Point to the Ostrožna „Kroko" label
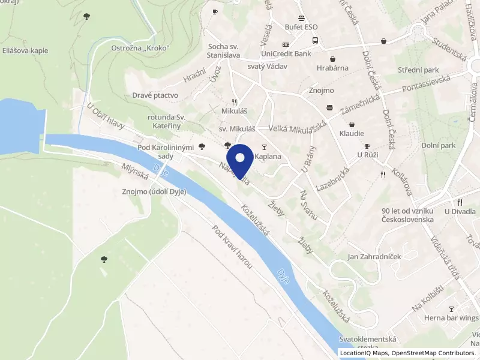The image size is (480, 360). [x=140, y=48]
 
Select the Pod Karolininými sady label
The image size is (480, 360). [x=165, y=152]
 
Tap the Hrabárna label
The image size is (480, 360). [x=333, y=68]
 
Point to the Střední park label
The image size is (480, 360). [x=418, y=70]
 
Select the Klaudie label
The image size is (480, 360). [x=352, y=133]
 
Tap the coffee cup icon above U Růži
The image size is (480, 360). [x=368, y=146]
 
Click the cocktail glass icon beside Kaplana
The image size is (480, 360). [x=263, y=147]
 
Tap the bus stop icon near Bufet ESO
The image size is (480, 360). [x=315, y=41]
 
